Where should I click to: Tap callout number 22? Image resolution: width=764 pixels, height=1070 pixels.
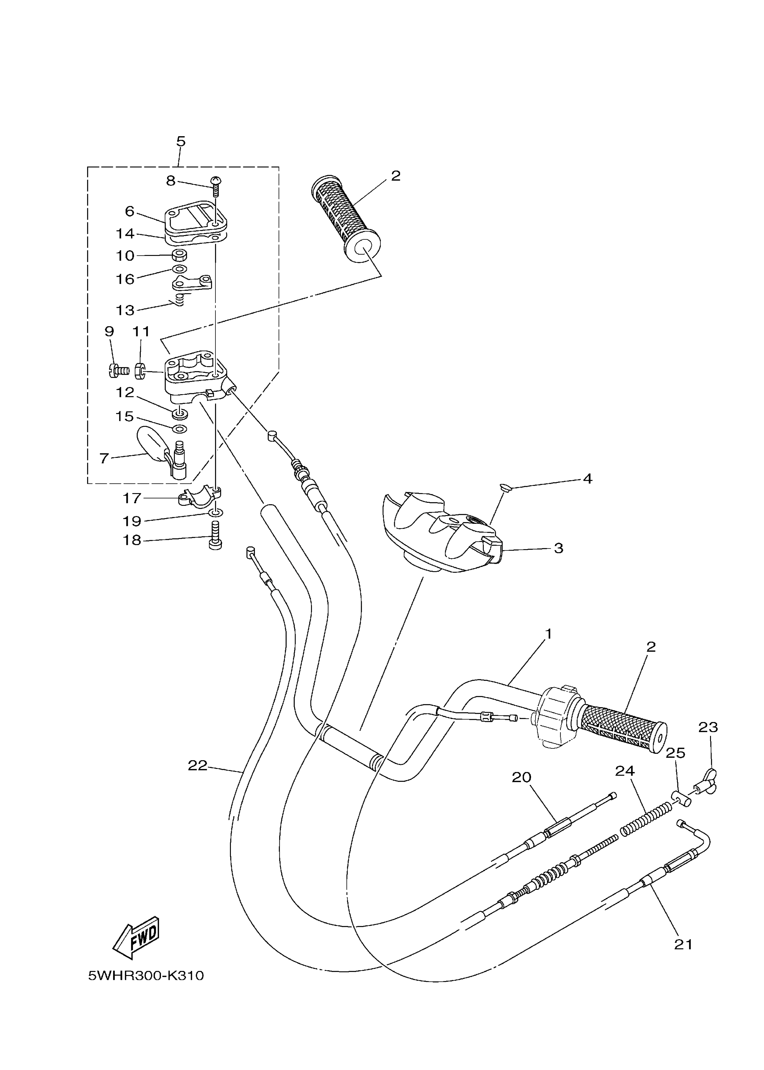198,766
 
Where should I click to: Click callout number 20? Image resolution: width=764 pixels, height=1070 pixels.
521,777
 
